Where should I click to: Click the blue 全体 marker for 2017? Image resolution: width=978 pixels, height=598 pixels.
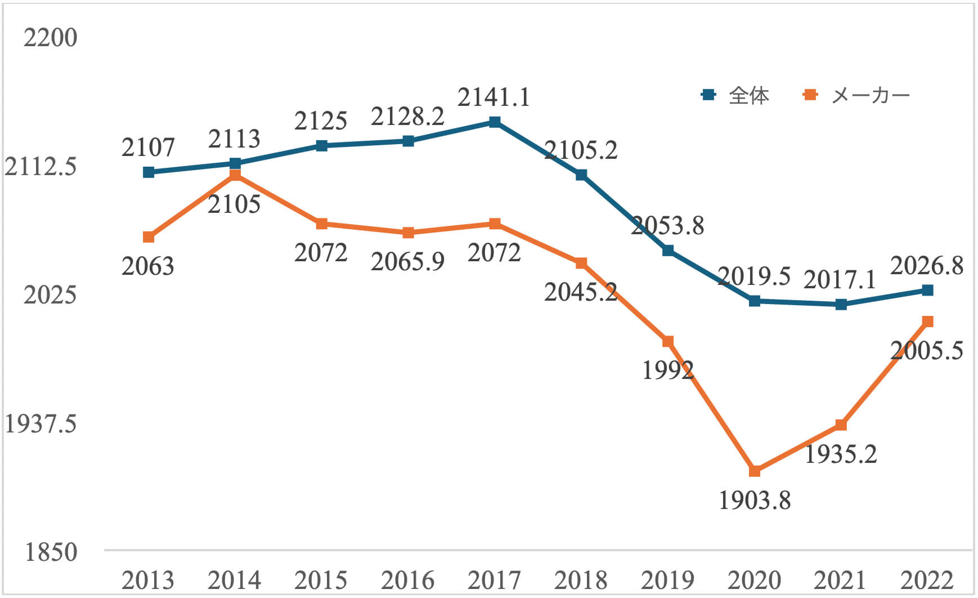[x=495, y=122]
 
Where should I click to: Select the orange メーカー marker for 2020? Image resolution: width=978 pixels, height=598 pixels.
[x=755, y=471]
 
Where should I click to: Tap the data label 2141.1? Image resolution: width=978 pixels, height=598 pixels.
[x=494, y=97]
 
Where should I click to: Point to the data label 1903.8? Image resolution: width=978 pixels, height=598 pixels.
[x=755, y=500]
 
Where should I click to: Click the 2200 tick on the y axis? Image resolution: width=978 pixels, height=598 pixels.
[x=50, y=38]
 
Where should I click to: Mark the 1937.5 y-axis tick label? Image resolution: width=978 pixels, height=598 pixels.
[x=41, y=423]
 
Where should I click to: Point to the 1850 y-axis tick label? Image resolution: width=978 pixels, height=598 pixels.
[x=51, y=552]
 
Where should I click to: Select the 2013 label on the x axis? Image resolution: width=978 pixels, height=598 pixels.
[x=148, y=580]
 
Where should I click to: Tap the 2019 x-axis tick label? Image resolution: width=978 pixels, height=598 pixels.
[x=667, y=580]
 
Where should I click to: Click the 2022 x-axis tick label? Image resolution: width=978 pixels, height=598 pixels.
[x=927, y=580]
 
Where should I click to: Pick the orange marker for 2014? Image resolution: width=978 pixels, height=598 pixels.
[x=235, y=175]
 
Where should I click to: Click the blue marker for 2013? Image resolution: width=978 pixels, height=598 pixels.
[x=149, y=172]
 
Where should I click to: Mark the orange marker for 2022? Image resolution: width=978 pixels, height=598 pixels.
[x=928, y=322]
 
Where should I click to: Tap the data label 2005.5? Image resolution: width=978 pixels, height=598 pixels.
[x=927, y=351]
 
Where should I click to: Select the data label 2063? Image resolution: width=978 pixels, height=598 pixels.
[x=148, y=266]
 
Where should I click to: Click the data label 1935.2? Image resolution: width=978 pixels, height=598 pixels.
[x=841, y=454]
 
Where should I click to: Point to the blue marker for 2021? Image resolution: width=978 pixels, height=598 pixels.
[x=841, y=305]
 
